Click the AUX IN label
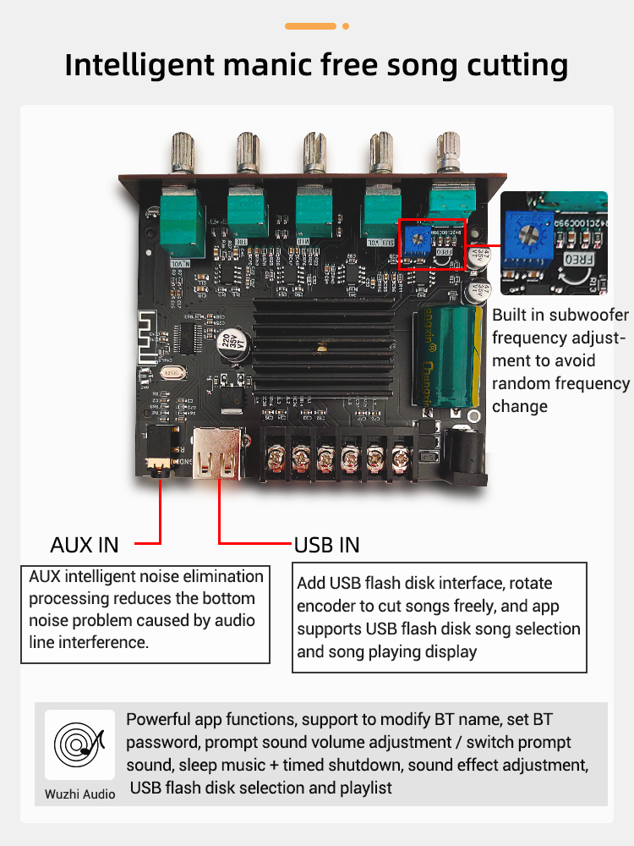pos(85,544)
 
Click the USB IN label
pos(326,544)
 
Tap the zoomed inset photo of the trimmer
pos(553,241)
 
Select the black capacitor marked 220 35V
pos(227,339)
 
